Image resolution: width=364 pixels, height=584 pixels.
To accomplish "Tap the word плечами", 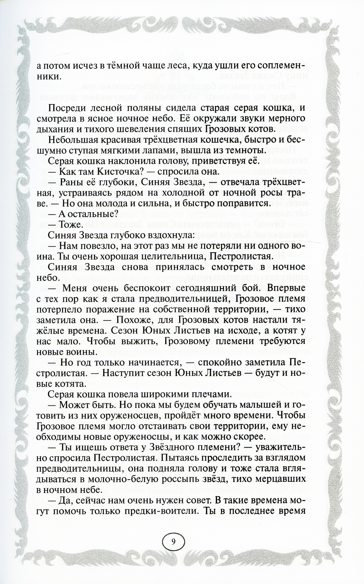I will coord(209,394).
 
